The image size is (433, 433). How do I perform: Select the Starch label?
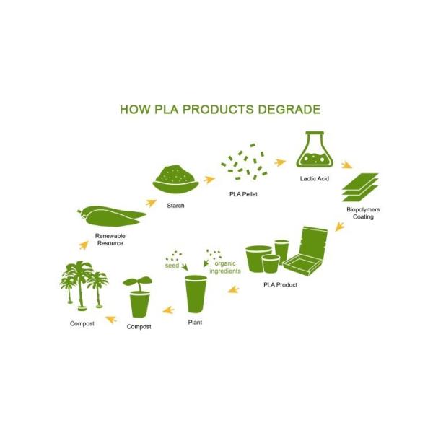[x=175, y=206]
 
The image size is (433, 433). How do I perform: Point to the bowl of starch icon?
[x=175, y=180]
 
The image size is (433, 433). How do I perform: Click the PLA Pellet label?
[x=243, y=194]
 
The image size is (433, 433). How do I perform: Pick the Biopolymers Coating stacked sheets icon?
[x=360, y=188]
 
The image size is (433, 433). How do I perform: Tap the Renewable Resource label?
[x=110, y=240]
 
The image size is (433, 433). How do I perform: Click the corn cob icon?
[x=111, y=216]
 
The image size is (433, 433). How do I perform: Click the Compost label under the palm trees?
[x=82, y=323]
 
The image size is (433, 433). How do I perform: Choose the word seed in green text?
[x=172, y=266]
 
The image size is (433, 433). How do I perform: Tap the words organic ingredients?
[x=225, y=267]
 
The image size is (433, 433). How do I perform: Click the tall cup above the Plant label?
[x=196, y=294]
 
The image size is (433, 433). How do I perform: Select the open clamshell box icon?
[x=305, y=250]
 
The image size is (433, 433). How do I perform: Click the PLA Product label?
[x=280, y=285]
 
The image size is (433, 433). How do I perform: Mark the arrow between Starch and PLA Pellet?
[x=209, y=180]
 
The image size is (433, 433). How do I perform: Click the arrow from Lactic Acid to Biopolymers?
[x=346, y=165]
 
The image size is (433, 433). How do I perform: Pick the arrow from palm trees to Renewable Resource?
[x=84, y=245]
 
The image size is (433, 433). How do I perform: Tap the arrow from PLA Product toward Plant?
[x=233, y=289]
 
